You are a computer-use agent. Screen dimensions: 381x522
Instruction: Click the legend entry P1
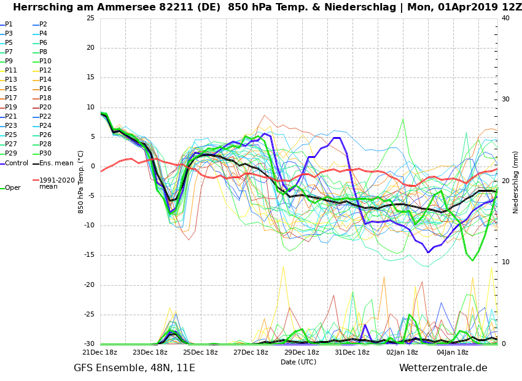(x=9, y=25)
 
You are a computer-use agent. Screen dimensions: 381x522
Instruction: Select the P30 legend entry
(x=45, y=154)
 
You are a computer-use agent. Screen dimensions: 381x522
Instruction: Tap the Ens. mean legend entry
(x=56, y=163)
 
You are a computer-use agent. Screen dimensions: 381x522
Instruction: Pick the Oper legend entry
(x=12, y=188)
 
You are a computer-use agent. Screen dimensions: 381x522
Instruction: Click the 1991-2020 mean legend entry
(x=56, y=183)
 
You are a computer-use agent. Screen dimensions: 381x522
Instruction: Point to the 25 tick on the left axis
(x=90, y=18)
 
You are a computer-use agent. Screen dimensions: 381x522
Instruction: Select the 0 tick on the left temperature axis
(x=92, y=167)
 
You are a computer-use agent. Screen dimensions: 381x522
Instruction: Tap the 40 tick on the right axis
(x=505, y=18)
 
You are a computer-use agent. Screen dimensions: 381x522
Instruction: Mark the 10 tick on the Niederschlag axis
(x=505, y=262)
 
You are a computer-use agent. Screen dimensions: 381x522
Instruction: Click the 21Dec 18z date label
(x=99, y=352)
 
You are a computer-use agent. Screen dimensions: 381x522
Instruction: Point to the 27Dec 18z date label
(x=251, y=352)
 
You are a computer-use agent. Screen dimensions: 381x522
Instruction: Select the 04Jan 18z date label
(x=452, y=352)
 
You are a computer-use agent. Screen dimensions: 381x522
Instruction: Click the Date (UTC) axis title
(x=298, y=362)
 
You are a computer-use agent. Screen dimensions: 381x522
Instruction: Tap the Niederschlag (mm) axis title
(x=516, y=182)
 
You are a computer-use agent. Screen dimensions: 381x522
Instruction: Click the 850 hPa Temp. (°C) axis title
(x=80, y=182)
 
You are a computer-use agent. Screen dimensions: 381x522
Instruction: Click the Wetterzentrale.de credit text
(x=443, y=368)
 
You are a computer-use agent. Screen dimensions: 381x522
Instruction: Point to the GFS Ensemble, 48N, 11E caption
(x=134, y=368)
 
